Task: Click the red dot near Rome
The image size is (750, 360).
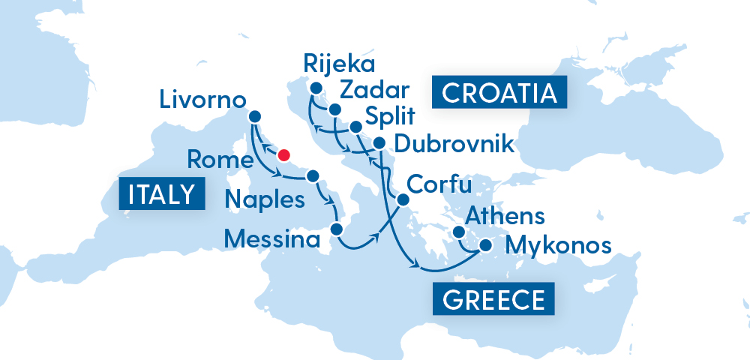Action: [x=283, y=155]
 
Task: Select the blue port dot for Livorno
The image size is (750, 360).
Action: [x=254, y=116]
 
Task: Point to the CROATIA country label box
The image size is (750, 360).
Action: [x=499, y=93]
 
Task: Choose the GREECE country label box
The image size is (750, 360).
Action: [x=493, y=300]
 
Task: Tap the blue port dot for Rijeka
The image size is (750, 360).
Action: [x=316, y=91]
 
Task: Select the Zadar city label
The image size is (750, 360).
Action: [x=374, y=91]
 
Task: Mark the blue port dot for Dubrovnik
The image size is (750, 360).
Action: [x=379, y=143]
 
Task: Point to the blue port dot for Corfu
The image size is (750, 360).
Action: [x=402, y=200]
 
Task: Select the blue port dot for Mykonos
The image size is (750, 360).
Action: [x=486, y=244]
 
